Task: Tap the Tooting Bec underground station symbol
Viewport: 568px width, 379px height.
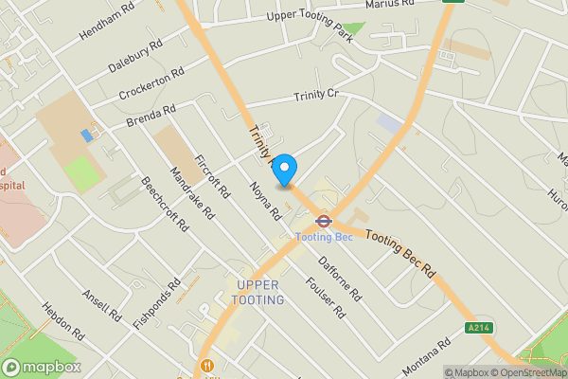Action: [323, 221]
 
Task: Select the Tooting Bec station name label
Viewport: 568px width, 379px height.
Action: [324, 237]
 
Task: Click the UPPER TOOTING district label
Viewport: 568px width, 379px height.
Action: [259, 293]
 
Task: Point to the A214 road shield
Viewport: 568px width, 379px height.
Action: [479, 328]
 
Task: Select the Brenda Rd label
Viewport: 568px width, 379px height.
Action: [151, 117]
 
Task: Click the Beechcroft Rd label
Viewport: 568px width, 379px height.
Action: [158, 209]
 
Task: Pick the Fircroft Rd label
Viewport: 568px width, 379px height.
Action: [212, 175]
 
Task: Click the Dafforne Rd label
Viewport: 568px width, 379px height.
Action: [340, 280]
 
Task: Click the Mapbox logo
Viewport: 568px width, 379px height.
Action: [42, 367]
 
